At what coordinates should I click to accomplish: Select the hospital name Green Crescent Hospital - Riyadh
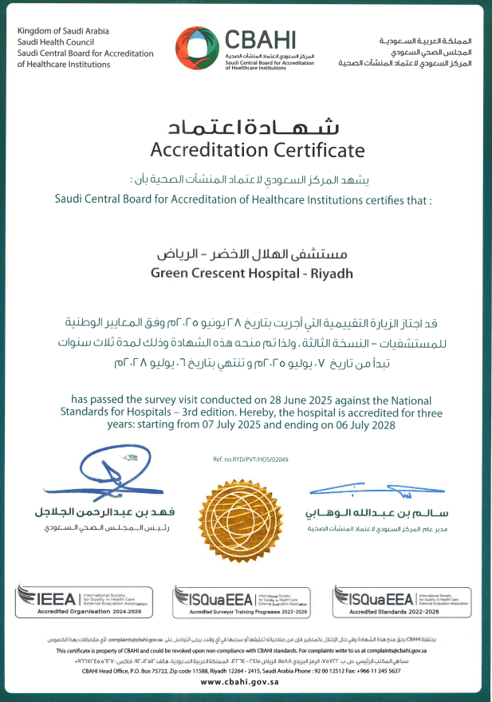[x=246, y=274]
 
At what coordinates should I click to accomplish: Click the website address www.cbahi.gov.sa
[x=246, y=682]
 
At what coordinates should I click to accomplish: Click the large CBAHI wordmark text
[x=261, y=40]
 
